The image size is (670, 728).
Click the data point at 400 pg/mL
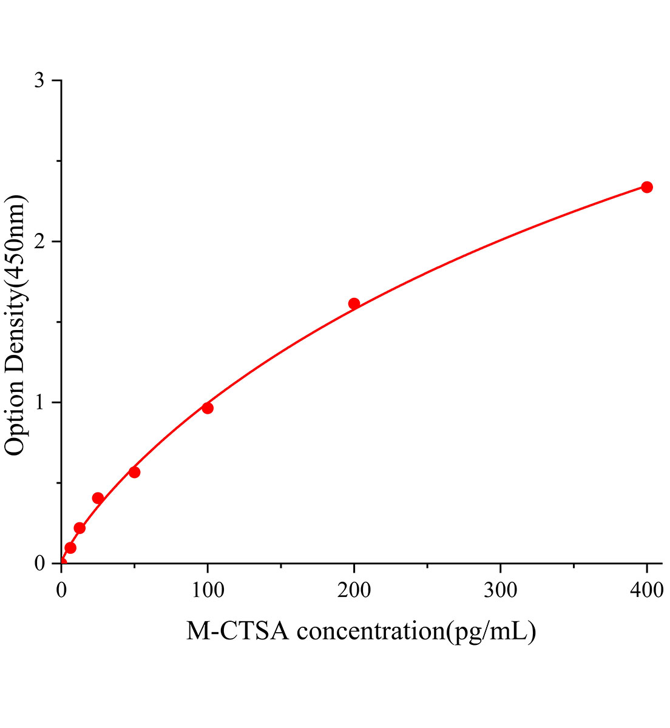(x=647, y=187)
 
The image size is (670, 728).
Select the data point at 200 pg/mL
(x=354, y=303)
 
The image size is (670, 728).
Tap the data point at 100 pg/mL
(x=208, y=408)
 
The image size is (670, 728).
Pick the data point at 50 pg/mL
(x=134, y=472)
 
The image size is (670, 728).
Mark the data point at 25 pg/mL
(x=98, y=498)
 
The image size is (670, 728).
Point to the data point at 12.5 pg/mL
(x=80, y=528)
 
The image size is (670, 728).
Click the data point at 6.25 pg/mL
(x=70, y=548)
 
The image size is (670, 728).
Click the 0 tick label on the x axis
(x=61, y=589)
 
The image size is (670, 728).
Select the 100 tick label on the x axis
(x=208, y=589)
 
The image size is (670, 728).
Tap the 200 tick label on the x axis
(x=354, y=589)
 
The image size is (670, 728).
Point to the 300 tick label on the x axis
(x=500, y=589)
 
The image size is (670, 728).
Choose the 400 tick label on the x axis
(x=647, y=589)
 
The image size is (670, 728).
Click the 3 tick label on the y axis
(x=39, y=81)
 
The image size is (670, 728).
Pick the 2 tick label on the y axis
(x=39, y=241)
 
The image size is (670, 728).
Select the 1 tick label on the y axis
(x=39, y=402)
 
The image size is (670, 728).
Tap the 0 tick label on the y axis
(x=39, y=563)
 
